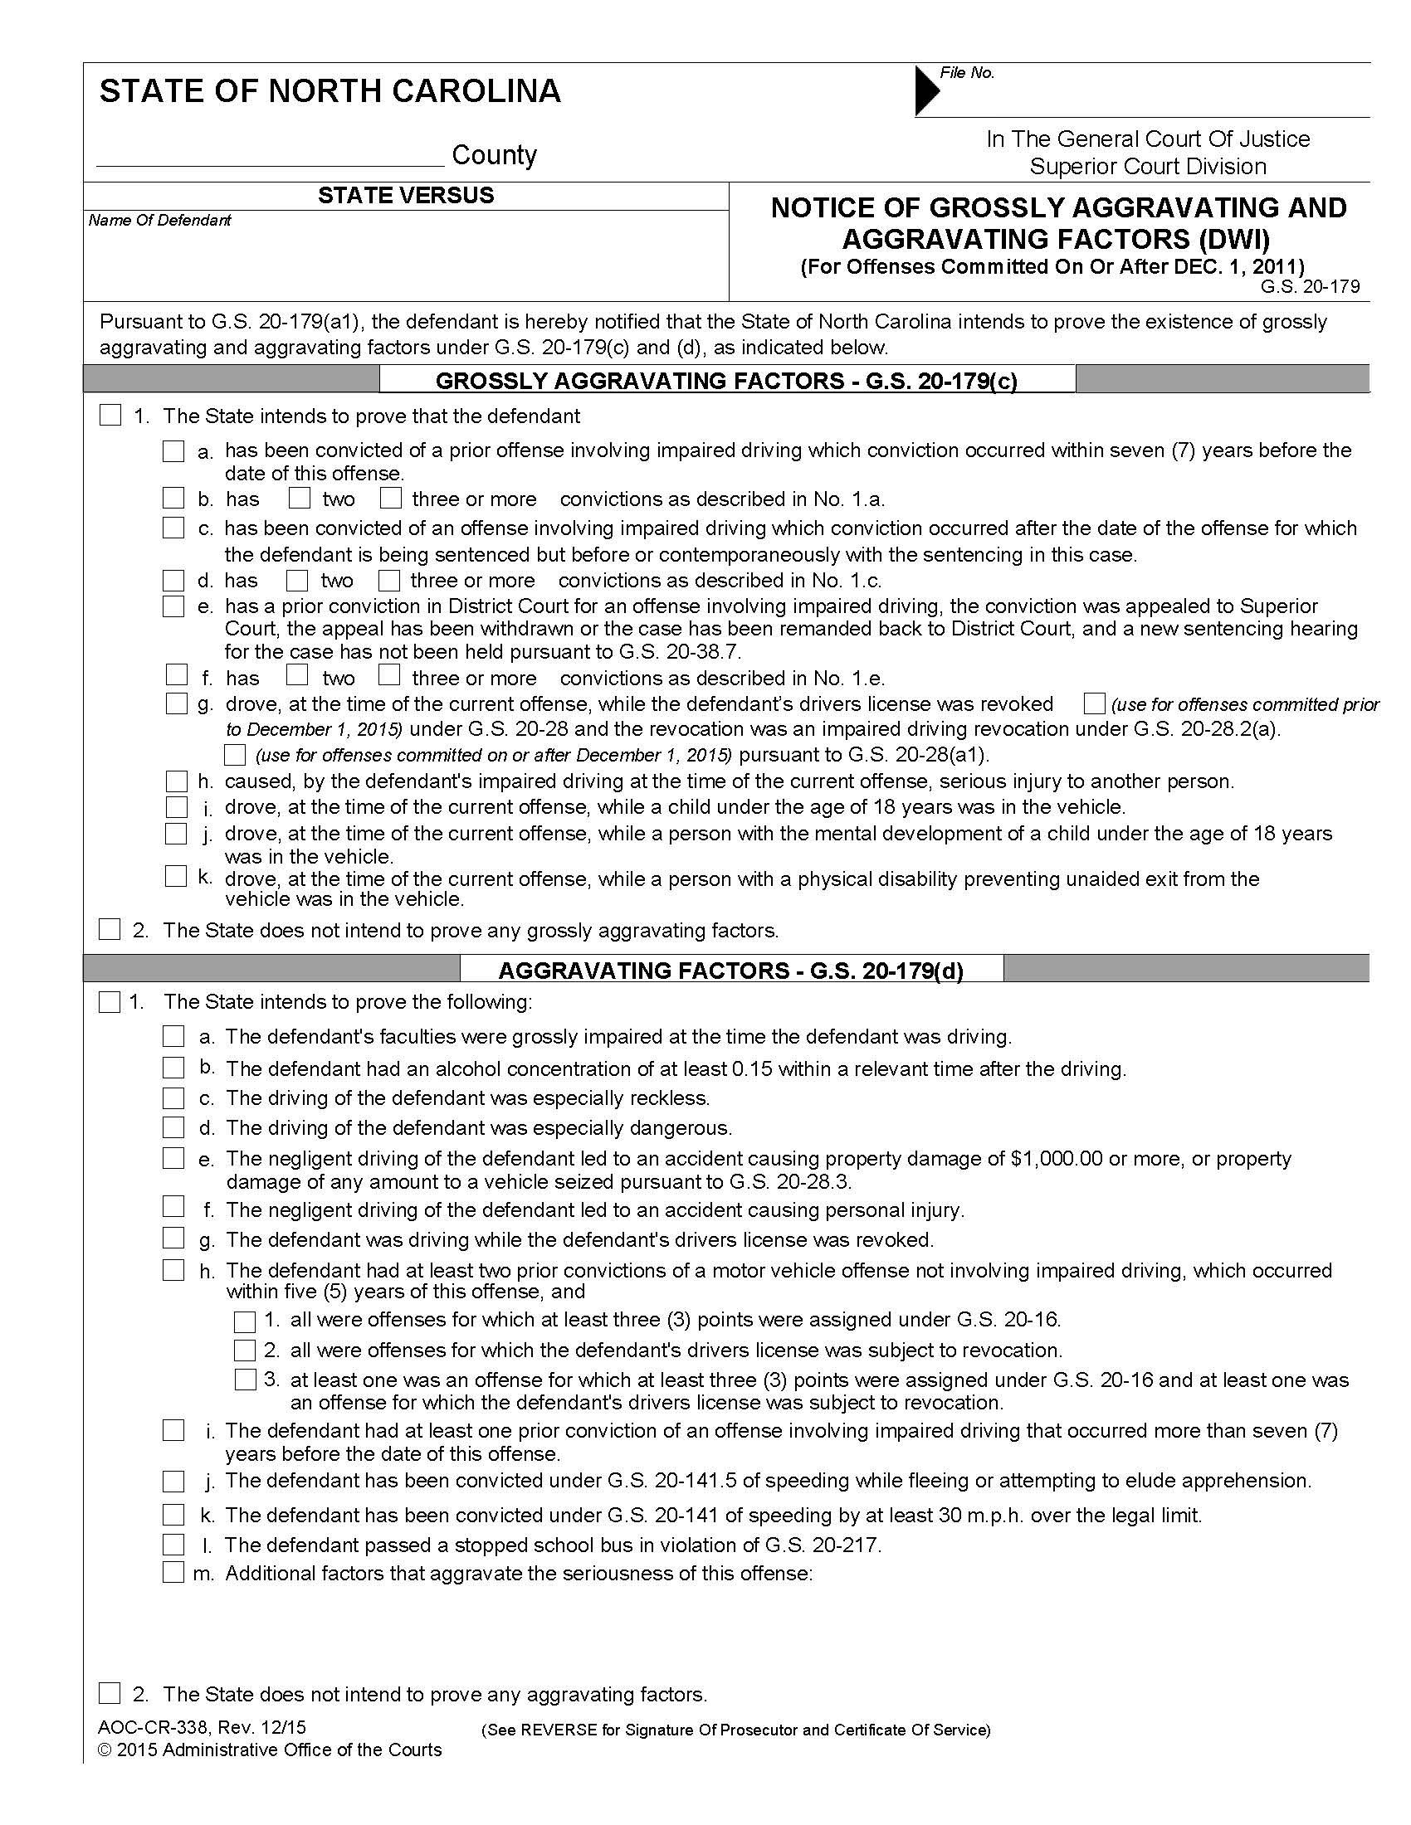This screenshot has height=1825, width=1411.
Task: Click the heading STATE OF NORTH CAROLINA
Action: [x=330, y=91]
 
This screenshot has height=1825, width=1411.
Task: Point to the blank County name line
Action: [x=270, y=158]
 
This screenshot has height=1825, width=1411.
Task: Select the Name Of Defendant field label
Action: [x=159, y=221]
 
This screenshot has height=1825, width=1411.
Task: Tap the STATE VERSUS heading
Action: [x=405, y=196]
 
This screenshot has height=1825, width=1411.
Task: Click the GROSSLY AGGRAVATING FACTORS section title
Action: [x=726, y=381]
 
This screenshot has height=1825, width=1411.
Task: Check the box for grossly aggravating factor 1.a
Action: [x=173, y=452]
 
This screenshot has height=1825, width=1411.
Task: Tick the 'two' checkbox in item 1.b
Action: [x=300, y=499]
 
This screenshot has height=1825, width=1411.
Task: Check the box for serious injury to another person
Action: [x=176, y=781]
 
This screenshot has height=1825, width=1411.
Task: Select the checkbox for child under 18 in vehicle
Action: [x=176, y=807]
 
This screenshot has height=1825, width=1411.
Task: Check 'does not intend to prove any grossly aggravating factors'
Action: [x=110, y=929]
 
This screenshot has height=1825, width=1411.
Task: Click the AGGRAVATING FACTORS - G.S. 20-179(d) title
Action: [x=730, y=971]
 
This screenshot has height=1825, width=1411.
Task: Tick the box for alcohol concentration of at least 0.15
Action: [x=173, y=1068]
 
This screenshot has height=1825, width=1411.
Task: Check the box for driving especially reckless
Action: [x=173, y=1097]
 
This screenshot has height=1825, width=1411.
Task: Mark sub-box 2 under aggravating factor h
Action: [x=245, y=1350]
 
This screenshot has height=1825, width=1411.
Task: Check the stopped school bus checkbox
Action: [x=173, y=1545]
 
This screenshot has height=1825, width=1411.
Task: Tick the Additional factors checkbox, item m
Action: [x=173, y=1573]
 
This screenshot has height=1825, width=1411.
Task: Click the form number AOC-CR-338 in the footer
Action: [x=150, y=1728]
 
